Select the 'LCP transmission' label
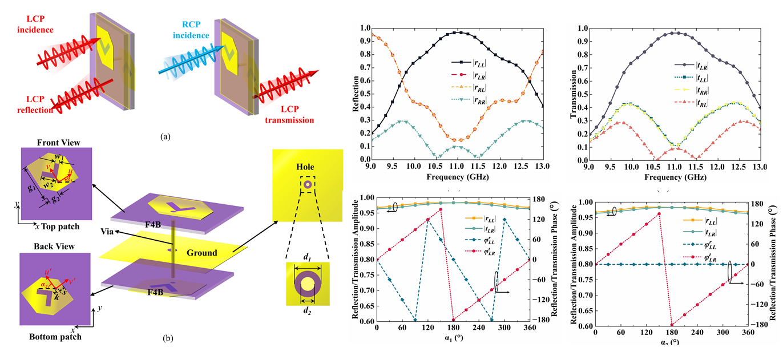[291, 115]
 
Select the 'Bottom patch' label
[55, 337]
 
